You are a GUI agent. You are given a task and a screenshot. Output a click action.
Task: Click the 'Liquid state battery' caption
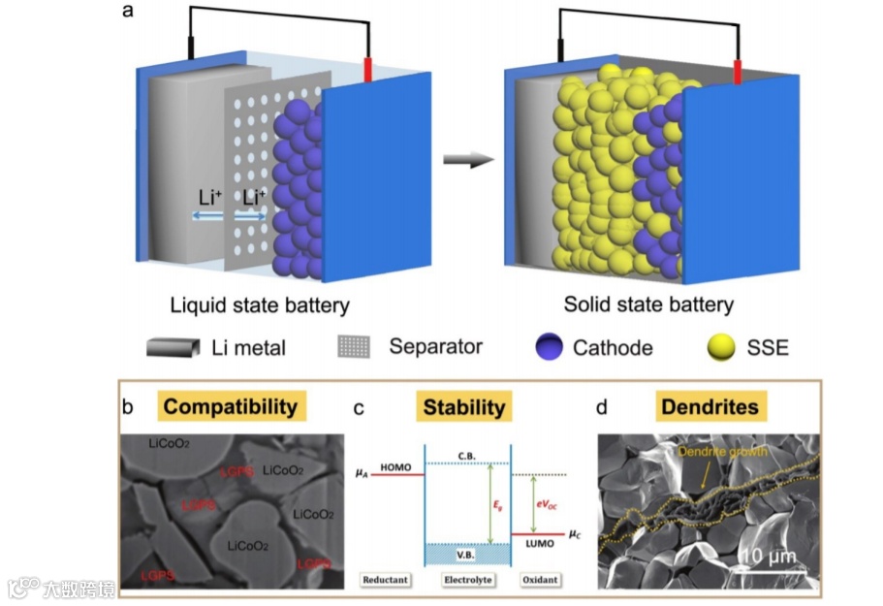pos(260,305)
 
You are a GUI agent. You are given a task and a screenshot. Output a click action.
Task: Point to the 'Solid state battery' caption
pos(649,305)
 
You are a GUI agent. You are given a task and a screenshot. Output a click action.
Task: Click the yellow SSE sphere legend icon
pos(718,347)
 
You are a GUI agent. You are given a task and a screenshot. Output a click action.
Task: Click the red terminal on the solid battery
pos(738,71)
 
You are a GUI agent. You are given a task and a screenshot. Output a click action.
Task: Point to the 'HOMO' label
pos(394,465)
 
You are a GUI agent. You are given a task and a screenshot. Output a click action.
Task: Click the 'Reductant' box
pos(385,580)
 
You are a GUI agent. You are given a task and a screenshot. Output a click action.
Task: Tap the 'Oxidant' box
pos(539,580)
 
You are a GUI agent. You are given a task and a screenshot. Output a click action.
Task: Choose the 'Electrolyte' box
pos(468,580)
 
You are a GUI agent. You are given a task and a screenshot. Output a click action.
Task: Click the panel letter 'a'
pos(128,14)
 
